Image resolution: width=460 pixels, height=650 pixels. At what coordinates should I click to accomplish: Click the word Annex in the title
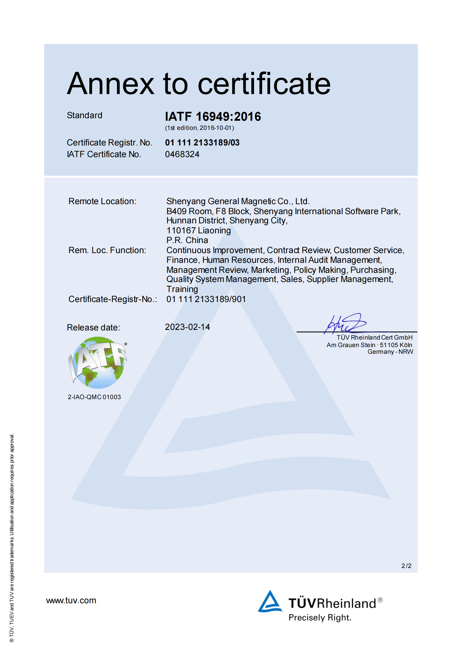pos(110,84)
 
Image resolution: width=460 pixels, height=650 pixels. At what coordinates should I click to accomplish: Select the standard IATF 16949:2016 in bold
pos(213,116)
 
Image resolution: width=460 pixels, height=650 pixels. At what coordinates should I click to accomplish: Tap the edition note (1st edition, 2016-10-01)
pos(200,128)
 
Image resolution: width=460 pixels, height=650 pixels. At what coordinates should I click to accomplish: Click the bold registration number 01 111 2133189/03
pos(202,143)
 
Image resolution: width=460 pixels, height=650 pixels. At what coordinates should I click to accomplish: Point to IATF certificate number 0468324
pos(182,154)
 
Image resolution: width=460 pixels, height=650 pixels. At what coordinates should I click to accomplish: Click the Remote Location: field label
pos(102,201)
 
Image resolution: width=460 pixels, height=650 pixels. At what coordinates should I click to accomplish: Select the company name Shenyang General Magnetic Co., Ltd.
pos(238,201)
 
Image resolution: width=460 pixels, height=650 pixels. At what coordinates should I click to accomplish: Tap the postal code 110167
pos(181,231)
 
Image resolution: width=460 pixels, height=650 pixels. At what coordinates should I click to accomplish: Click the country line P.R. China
pos(187,240)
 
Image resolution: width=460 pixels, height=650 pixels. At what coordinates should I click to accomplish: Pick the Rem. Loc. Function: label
pos(107,250)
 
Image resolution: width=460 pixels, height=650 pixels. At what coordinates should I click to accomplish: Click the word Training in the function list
pos(182,289)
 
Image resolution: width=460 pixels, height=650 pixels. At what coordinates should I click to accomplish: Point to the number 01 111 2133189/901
pos(206,299)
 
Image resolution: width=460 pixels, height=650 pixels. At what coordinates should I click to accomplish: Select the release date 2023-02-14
pos(187,327)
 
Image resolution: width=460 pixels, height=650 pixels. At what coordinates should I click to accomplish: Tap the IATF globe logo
pos(97,363)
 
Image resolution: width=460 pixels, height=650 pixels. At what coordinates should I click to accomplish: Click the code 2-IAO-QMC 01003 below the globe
pos(94,397)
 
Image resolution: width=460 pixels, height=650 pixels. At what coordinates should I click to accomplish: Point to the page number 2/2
pos(406,566)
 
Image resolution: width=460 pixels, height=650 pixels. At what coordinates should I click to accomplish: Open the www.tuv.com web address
pos(71,600)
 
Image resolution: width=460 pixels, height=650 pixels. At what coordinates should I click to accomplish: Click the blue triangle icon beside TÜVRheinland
pos(270,602)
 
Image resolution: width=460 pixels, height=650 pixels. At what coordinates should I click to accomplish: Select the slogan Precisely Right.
pos(320,617)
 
